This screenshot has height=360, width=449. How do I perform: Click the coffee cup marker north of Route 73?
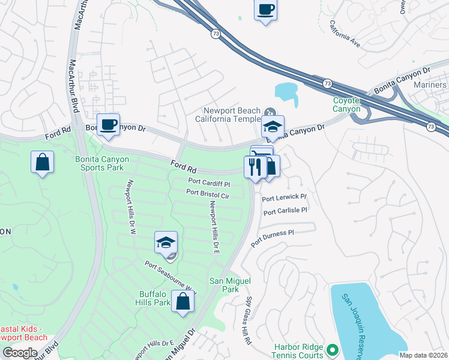click(266, 10)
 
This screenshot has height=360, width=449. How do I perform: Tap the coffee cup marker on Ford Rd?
click(108, 125)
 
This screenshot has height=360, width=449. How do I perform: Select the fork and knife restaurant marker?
click(255, 166)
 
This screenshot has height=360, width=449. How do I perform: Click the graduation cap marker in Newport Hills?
click(166, 242)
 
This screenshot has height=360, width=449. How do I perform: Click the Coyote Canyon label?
click(347, 104)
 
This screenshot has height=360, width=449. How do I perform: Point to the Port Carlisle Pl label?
click(285, 211)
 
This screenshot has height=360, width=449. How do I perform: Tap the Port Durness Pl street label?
click(273, 237)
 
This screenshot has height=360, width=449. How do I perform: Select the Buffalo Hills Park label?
click(155, 298)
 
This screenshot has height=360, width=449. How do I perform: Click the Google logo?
click(20, 353)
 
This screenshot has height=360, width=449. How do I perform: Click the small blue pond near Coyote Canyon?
click(286, 92)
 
